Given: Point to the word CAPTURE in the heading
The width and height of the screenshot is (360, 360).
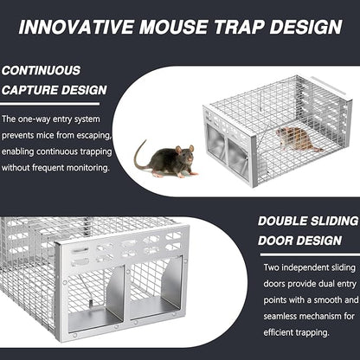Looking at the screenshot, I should (x=30, y=89).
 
